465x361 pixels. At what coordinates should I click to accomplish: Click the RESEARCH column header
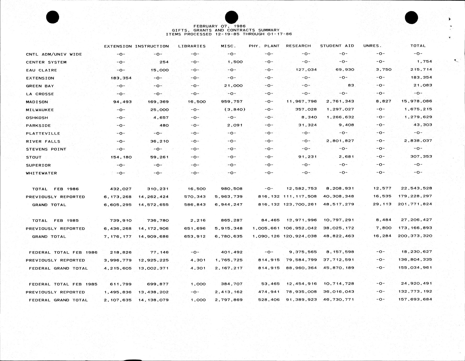pyautogui.click(x=298, y=46)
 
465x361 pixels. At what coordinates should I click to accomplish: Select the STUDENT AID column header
pyautogui.click(x=337, y=46)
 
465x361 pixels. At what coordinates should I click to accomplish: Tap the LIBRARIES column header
pyautogui.click(x=192, y=46)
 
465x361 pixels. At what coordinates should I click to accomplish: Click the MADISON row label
pyautogui.click(x=37, y=102)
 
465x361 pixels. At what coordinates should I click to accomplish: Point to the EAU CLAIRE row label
pyautogui.click(x=41, y=70)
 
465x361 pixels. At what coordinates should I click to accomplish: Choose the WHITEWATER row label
pyautogui.click(x=41, y=173)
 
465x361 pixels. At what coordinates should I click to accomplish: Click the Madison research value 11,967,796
pyautogui.click(x=302, y=101)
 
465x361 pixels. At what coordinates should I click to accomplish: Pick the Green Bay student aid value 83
pyautogui.click(x=351, y=85)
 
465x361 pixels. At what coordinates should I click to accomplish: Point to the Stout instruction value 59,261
pyautogui.click(x=158, y=157)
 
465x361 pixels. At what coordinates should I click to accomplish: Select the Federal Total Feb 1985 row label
pyautogui.click(x=63, y=284)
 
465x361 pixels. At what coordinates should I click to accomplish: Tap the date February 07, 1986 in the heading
pyautogui.click(x=219, y=26)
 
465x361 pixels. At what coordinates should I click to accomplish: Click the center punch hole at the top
pyautogui.click(x=231, y=17)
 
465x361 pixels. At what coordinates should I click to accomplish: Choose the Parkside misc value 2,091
pyautogui.click(x=235, y=125)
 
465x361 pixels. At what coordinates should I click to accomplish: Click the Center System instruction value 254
pyautogui.click(x=164, y=62)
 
